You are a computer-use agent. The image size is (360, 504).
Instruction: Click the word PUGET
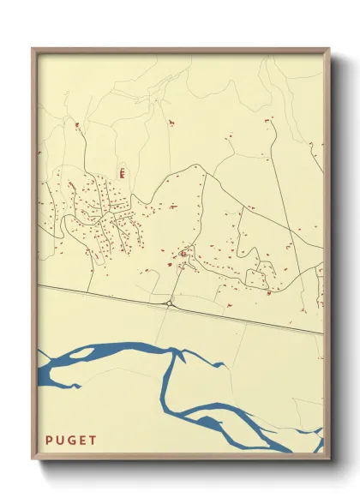tap(71, 441)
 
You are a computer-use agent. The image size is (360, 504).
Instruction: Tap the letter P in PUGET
tap(49, 441)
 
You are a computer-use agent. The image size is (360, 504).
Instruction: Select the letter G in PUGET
tap(71, 441)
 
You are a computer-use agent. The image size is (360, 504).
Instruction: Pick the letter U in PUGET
tap(60, 441)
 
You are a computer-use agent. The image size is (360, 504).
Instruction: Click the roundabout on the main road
tap(171, 303)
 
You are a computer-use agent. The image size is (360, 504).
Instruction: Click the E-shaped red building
tap(123, 172)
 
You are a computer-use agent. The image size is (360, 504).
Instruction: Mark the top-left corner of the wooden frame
tap(33, 49)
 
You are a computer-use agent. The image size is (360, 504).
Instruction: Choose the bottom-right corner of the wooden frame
tap(329, 459)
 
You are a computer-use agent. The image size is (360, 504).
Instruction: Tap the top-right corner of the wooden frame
tap(329, 49)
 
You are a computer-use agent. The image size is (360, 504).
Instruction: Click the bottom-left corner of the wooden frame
tap(33, 459)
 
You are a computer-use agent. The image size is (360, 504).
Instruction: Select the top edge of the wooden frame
tap(180, 50)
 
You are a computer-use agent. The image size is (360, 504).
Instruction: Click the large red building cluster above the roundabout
tap(183, 254)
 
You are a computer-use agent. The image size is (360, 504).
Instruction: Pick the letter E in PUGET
tap(82, 441)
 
